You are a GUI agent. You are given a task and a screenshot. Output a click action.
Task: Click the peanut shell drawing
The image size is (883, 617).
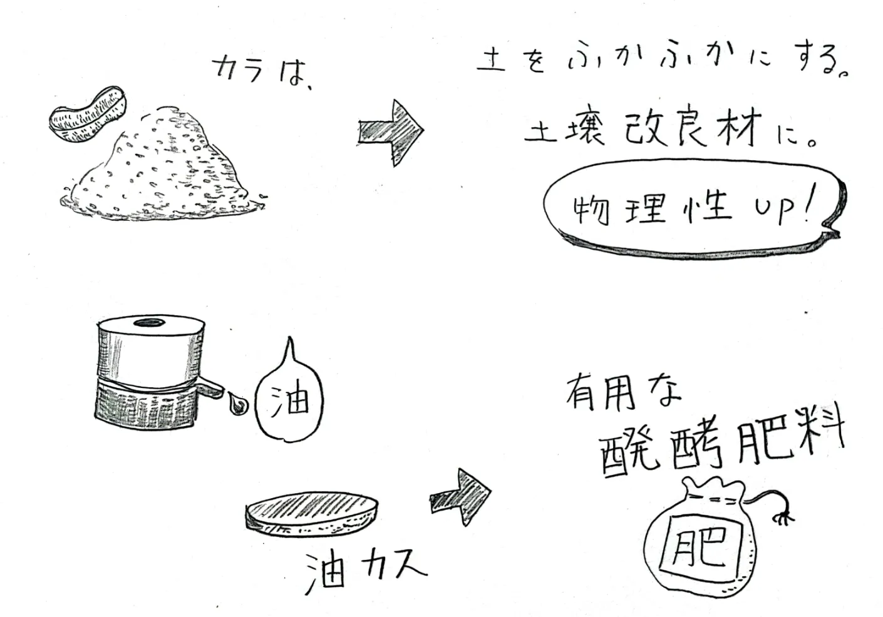tap(88, 115)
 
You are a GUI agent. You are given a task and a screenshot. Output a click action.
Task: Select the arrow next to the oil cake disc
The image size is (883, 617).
tap(460, 497)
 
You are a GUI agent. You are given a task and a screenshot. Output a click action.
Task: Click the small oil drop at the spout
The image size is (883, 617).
tap(237, 404)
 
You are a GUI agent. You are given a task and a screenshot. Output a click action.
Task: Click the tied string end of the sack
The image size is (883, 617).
tap(783, 516)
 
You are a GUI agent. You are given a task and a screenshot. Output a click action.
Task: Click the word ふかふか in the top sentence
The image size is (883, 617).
tap(651, 63)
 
